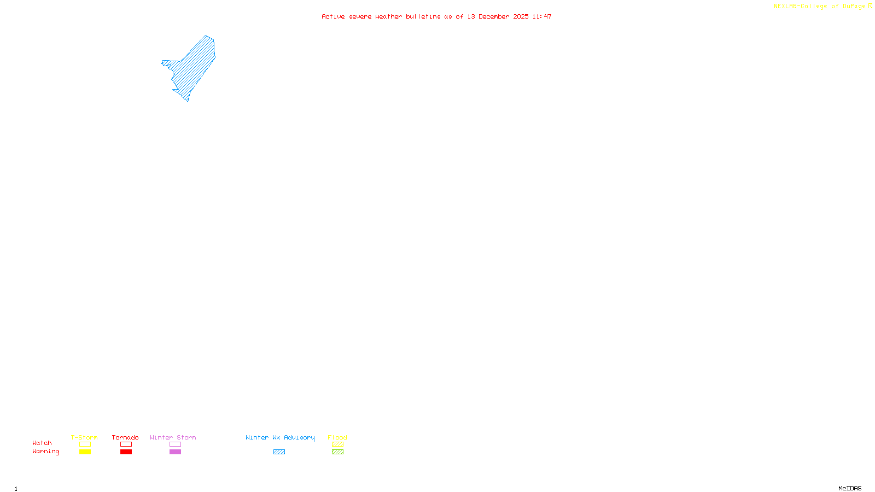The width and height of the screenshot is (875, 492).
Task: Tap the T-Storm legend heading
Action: [x=84, y=437]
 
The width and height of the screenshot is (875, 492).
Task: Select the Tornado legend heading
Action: [x=125, y=437]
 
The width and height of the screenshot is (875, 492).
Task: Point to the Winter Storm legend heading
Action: [x=173, y=437]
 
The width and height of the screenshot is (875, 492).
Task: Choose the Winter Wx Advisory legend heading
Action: [x=280, y=437]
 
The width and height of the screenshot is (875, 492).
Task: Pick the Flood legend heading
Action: [x=337, y=437]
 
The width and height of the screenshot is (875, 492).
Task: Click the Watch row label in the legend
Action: [x=42, y=443]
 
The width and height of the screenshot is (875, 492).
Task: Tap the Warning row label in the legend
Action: [x=46, y=452]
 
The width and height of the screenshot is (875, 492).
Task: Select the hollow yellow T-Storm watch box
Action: [x=85, y=444]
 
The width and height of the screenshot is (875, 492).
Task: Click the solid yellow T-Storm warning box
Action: [x=85, y=452]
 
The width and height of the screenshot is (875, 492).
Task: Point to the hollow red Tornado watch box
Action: [x=126, y=444]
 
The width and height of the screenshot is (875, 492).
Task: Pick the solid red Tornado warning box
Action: [x=126, y=452]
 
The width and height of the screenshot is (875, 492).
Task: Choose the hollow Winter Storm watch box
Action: [x=175, y=444]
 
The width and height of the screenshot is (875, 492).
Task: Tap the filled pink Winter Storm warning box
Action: [x=175, y=452]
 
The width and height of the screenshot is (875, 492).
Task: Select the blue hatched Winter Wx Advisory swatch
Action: [x=279, y=452]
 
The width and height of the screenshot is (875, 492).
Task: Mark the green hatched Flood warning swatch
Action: [x=337, y=452]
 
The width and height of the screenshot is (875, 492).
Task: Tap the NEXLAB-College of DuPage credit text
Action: [x=820, y=6]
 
